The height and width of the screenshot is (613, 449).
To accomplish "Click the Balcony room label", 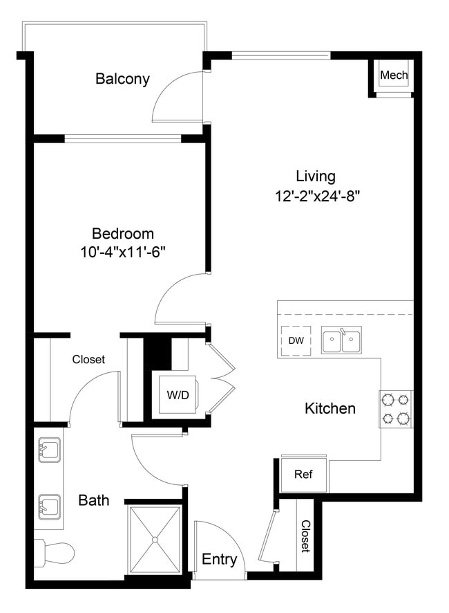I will pyautogui.click(x=122, y=79).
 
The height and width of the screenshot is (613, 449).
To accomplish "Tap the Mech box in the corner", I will pyautogui.click(x=394, y=75).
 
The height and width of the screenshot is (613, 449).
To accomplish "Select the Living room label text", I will pyautogui.click(x=315, y=176).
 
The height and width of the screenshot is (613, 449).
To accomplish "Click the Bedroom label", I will pyautogui.click(x=123, y=234).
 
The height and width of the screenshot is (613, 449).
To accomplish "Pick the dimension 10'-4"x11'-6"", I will pyautogui.click(x=122, y=253).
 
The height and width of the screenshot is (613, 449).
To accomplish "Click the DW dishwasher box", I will pyautogui.click(x=296, y=341).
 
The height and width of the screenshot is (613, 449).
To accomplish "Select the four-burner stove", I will pyautogui.click(x=396, y=409).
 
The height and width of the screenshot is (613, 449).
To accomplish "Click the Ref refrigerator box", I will pyautogui.click(x=303, y=474).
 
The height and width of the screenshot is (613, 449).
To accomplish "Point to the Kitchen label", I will pyautogui.click(x=330, y=408).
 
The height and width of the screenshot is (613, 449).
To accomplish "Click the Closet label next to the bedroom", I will pyautogui.click(x=88, y=359).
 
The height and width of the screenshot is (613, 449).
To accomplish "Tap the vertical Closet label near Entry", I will pyautogui.click(x=305, y=537).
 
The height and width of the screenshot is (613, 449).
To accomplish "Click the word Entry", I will pyautogui.click(x=219, y=560).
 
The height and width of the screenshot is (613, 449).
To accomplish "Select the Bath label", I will pyautogui.click(x=93, y=500).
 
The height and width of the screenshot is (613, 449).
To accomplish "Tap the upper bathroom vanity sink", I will pyautogui.click(x=47, y=451).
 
